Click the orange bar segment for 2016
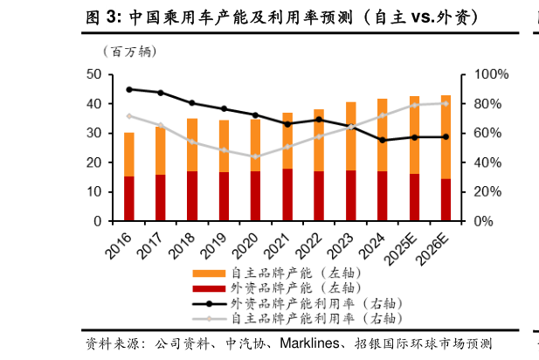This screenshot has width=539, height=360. click(x=129, y=155)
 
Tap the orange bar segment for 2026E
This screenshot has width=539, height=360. click(x=446, y=137)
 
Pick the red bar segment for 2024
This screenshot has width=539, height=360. click(x=383, y=196)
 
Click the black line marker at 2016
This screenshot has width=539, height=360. click(x=129, y=89)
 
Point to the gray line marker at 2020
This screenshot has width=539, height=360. click(x=256, y=157)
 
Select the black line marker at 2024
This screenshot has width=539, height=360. click(x=383, y=140)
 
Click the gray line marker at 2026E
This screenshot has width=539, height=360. click(x=446, y=103)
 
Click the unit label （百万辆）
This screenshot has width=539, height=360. click(x=129, y=52)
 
